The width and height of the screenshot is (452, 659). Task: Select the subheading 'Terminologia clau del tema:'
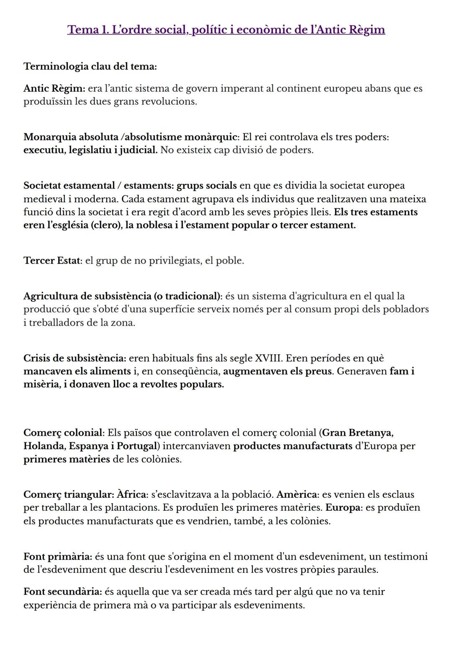90,67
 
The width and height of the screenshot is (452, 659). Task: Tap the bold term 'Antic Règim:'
54,88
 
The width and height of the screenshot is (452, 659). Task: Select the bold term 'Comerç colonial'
63,432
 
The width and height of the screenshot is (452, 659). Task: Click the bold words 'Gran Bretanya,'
358,432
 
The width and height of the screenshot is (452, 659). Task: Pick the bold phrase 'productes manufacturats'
293,446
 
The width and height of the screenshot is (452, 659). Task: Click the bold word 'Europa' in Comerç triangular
343,507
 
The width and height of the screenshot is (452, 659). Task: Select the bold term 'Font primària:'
57,556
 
